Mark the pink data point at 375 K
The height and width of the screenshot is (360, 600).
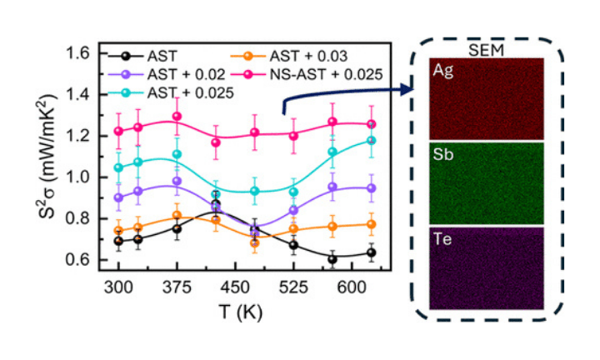click(x=177, y=117)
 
